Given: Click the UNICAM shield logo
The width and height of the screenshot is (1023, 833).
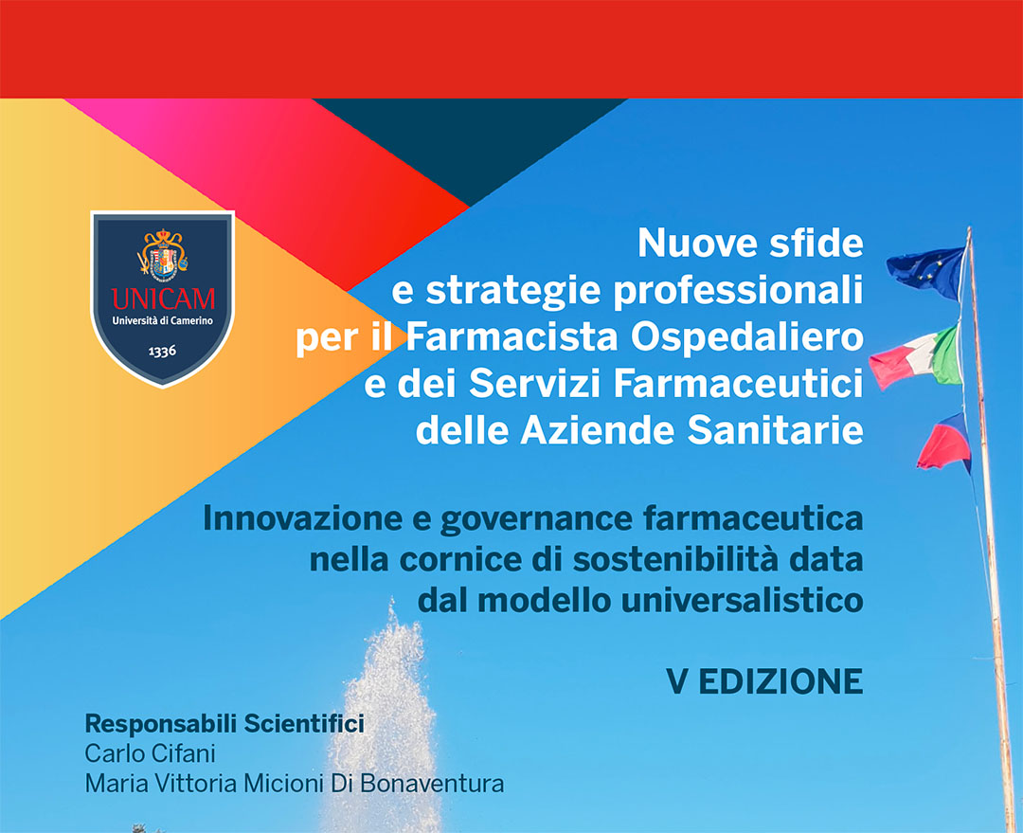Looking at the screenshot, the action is click(163, 299).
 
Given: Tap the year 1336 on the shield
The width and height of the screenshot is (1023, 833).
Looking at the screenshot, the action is click(162, 352).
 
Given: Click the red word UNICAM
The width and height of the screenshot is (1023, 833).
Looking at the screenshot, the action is click(163, 299).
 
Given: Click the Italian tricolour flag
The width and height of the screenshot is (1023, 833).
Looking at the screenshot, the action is click(916, 358).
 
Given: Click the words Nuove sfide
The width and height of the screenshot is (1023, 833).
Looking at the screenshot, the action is click(750, 243).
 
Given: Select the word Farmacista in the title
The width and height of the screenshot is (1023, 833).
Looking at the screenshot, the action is click(511, 336).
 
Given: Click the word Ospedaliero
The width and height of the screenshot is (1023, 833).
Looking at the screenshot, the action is click(747, 338).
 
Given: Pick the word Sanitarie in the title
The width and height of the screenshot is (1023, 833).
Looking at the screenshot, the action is click(776, 430).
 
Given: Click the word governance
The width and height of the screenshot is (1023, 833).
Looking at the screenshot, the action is click(536, 520).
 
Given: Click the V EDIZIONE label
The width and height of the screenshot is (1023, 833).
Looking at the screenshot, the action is click(764, 681).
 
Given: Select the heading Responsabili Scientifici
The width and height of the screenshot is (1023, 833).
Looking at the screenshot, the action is click(224, 724).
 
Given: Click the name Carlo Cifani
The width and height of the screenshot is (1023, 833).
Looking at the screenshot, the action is click(150, 753).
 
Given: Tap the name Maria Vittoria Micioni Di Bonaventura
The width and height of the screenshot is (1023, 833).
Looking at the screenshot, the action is click(295, 783).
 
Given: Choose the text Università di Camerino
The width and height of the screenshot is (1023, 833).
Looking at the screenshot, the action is click(163, 320).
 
